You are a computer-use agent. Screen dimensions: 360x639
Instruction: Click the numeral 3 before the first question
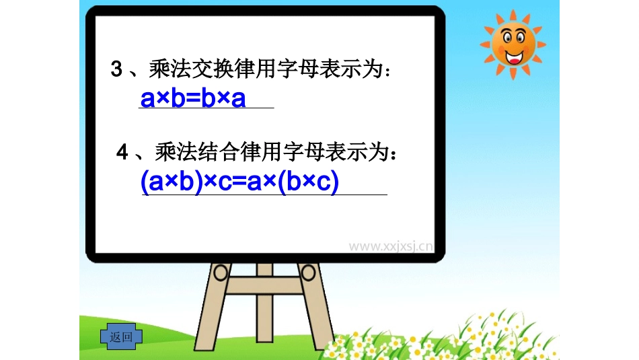(116, 69)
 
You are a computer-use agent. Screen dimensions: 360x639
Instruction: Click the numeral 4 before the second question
(122, 153)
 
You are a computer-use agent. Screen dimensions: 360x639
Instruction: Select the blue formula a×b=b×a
(192, 98)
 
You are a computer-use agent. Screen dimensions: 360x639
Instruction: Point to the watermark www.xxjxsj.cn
(390, 246)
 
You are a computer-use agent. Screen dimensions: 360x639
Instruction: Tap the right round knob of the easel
(307, 272)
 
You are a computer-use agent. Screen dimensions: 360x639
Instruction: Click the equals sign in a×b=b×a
(192, 99)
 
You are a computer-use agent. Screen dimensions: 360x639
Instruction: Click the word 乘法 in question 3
(169, 69)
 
